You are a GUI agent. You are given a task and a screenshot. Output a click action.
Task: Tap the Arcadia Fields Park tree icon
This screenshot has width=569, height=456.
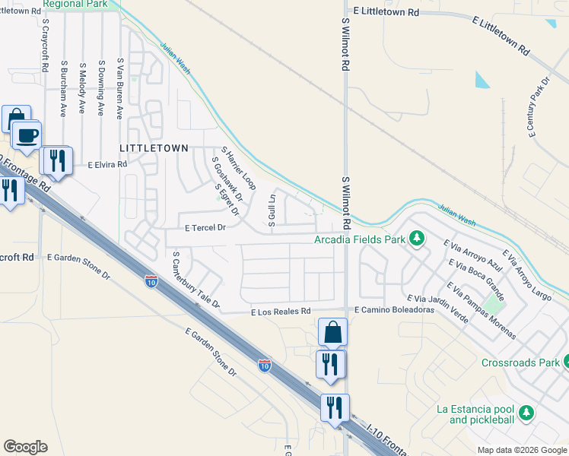[x=417, y=240]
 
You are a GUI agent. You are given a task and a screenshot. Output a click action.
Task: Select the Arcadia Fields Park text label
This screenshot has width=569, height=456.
[x=361, y=241]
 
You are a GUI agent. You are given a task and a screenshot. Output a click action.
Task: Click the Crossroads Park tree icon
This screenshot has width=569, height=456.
[x=567, y=362]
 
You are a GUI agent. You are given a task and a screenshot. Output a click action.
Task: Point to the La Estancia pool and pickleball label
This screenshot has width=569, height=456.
[x=475, y=414]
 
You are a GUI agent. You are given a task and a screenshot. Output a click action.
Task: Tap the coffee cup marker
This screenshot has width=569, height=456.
[x=27, y=136]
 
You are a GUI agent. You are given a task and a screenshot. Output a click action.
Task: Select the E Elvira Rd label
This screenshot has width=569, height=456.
[x=107, y=163]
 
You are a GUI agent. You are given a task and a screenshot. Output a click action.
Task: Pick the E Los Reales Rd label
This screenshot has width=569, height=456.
[x=281, y=311]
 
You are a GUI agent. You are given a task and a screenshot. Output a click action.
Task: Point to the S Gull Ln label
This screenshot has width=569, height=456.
[x=271, y=210]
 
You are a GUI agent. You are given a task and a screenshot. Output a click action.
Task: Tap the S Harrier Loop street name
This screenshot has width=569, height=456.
[x=238, y=169]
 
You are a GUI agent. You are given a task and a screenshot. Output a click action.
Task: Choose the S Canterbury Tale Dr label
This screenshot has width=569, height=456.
[x=195, y=280]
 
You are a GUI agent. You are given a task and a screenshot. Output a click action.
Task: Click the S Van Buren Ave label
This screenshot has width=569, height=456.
[x=119, y=88]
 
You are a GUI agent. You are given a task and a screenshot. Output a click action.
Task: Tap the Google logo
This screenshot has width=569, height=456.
[x=25, y=447]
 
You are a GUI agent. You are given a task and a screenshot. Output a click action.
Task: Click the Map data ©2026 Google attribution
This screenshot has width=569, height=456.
[x=522, y=450]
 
